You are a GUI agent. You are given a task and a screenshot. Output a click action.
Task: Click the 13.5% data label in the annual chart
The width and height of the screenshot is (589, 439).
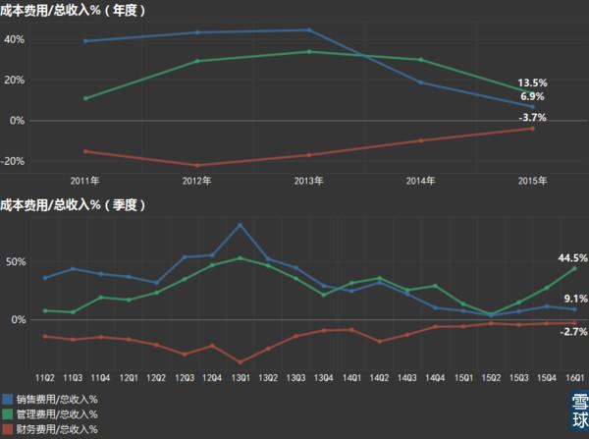532,84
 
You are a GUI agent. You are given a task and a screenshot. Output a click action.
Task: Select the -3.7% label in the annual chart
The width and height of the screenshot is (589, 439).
532,118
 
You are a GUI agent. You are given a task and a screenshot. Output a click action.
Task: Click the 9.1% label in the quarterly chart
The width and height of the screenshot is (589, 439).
575,299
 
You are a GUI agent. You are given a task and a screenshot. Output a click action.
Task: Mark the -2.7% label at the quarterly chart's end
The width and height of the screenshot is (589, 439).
573,332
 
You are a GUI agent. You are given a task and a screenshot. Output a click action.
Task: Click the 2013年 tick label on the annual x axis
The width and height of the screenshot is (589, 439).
308,181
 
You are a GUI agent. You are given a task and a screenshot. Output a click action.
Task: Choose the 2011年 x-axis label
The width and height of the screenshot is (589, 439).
85,181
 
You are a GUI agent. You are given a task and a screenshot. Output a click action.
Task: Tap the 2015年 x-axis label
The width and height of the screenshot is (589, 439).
533,181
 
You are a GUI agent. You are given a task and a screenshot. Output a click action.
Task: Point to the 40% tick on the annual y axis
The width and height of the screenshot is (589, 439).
15,40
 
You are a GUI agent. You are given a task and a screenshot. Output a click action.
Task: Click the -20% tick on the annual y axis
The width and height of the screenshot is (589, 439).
13,161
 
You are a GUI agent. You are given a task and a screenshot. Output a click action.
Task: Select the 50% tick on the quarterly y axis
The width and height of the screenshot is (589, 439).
15,262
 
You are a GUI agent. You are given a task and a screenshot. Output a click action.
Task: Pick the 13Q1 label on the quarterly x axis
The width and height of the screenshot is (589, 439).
241,376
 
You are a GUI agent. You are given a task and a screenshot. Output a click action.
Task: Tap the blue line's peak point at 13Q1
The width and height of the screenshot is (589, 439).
241,225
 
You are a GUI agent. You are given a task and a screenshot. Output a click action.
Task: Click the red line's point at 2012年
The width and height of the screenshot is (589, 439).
197,165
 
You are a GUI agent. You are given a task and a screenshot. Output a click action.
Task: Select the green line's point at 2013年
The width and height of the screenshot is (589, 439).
308,51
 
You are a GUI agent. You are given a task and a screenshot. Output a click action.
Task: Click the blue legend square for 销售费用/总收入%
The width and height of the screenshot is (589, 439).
7,400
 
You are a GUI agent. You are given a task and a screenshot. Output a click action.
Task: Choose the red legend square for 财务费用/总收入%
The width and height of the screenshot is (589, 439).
7,429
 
